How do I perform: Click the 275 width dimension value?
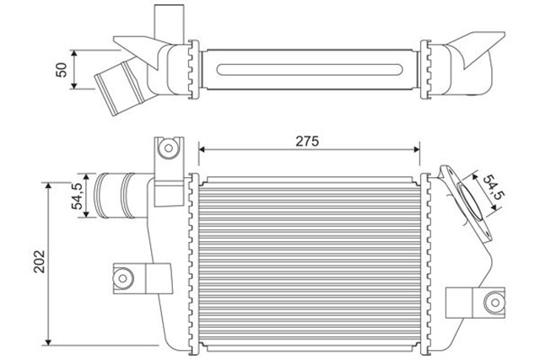click(307, 142)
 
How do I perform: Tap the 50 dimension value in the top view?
click(61, 70)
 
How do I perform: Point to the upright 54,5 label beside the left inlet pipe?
click(76, 196)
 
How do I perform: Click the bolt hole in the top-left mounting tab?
click(168, 149)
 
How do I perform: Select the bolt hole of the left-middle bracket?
click(124, 277)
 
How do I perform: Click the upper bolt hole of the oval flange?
click(450, 173)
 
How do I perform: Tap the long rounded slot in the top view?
click(310, 67)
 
